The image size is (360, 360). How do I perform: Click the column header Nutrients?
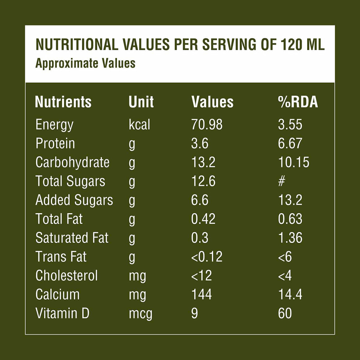coord(63,102)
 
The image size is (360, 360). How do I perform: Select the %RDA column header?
coord(298,102)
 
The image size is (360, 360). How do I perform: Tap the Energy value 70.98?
coord(207,124)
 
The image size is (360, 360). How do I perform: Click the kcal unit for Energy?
coord(139,124)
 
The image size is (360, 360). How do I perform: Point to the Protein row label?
coord(55,143)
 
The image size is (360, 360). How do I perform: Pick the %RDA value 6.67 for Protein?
coord(290,143)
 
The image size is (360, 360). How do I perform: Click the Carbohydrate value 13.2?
coord(203,162)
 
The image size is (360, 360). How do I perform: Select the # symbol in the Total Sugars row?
coord(281,181)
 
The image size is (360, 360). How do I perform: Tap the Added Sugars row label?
coord(74,200)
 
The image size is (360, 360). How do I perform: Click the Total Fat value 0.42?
coord(203,219)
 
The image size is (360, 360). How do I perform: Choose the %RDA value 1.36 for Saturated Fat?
coord(290,238)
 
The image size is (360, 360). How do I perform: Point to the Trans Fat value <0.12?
coord(207,257)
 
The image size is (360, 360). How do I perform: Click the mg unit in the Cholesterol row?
coord(137,276)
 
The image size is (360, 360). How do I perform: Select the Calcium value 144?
coord(201,295)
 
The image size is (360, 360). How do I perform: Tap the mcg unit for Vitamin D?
coord(140,314)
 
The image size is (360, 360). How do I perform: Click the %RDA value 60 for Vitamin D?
coord(285,313)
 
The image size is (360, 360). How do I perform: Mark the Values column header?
coord(212,102)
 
